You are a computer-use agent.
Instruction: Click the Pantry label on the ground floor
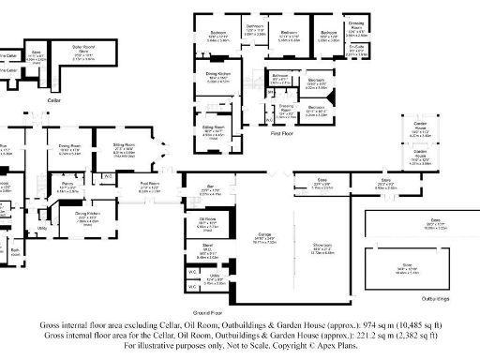click(68, 187)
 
